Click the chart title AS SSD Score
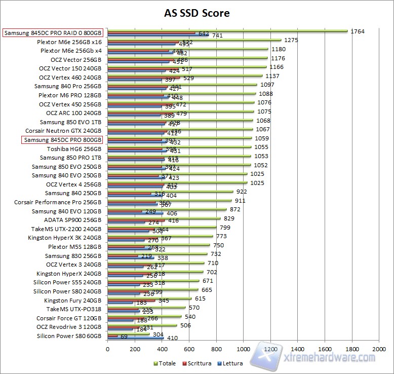(197, 13)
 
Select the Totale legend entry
(167, 363)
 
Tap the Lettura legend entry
(231, 363)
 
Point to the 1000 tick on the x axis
(243, 350)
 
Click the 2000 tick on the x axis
(379, 350)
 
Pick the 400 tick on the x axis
(162, 350)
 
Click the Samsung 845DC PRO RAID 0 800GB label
(53, 33)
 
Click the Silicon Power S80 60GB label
(69, 336)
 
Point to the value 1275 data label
(291, 40)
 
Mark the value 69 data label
(124, 336)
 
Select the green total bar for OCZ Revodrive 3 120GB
(142, 325)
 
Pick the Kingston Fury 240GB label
(73, 301)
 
